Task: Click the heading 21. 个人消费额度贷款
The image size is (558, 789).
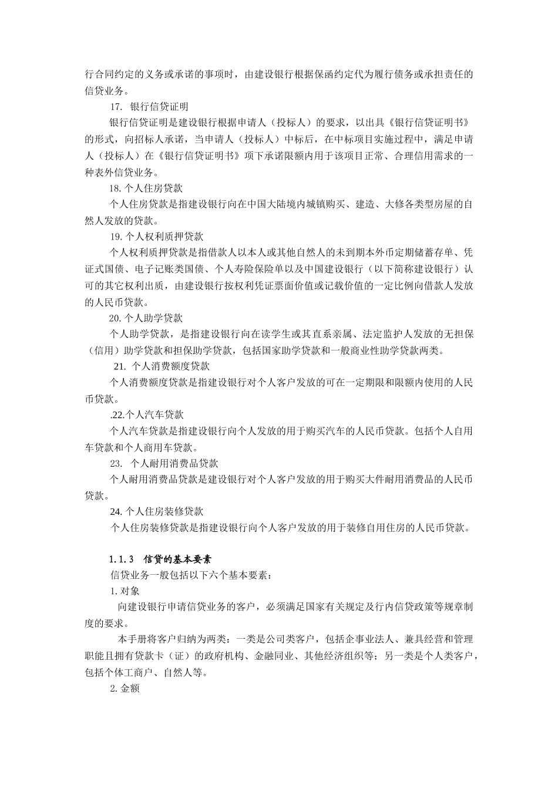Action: pyautogui.click(x=161, y=366)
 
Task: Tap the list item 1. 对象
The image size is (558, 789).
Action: pyautogui.click(x=125, y=591)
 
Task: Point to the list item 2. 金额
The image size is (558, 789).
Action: pyautogui.click(x=125, y=689)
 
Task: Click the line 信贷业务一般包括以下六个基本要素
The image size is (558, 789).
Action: pyautogui.click(x=191, y=575)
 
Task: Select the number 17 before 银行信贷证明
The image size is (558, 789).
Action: pyautogui.click(x=116, y=107)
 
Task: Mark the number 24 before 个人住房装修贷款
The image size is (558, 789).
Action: pyautogui.click(x=115, y=511)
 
